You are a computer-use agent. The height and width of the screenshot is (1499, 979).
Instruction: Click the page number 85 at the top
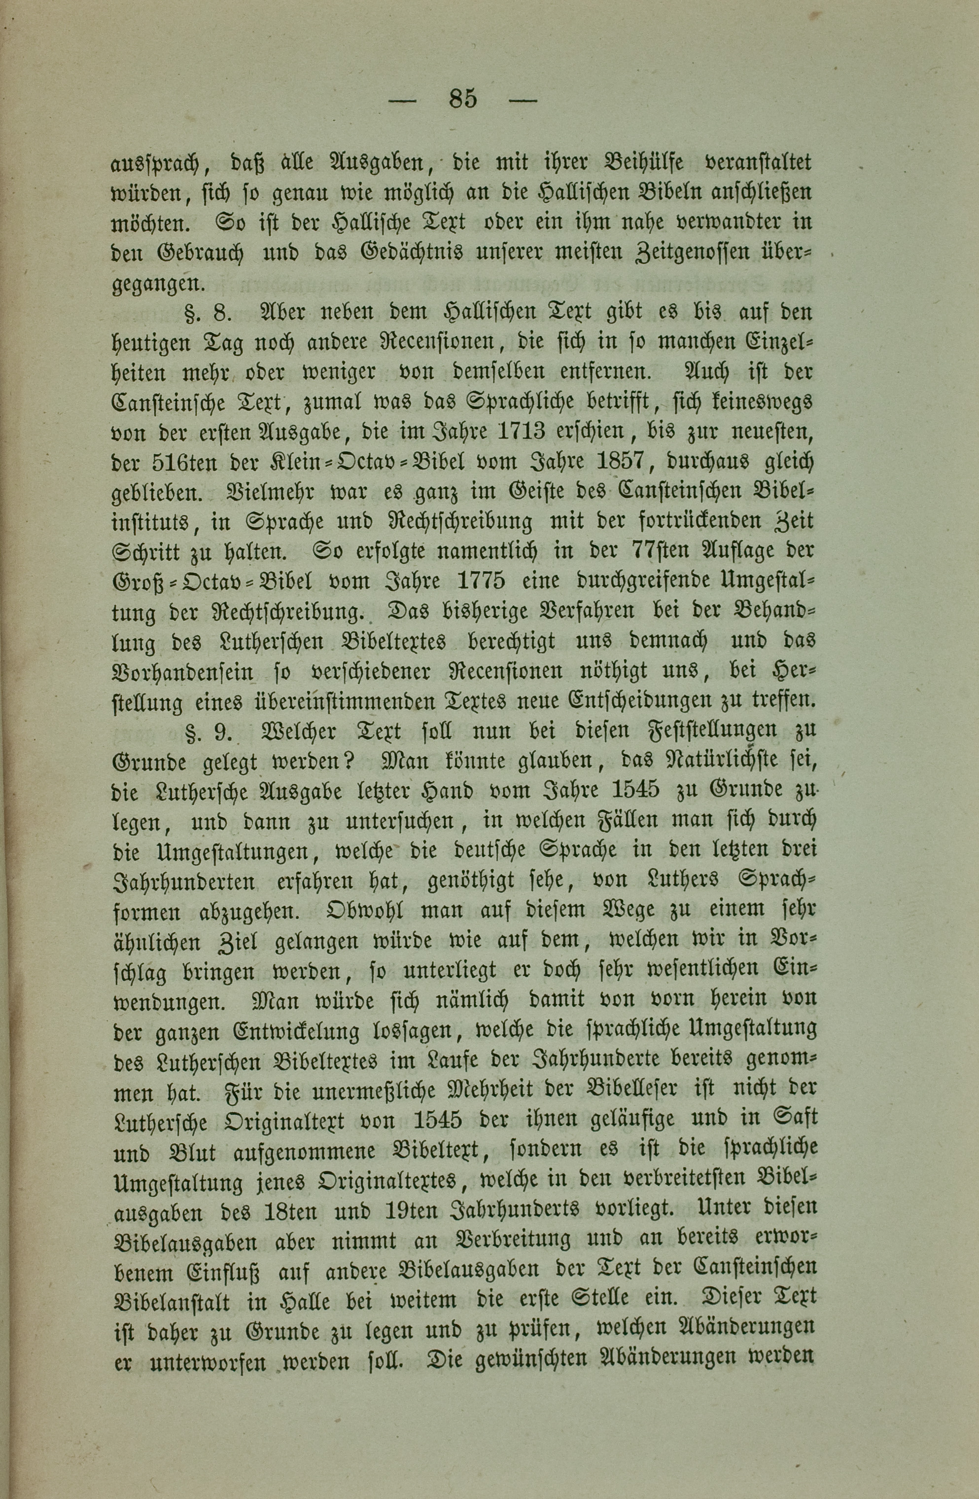point(463,100)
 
